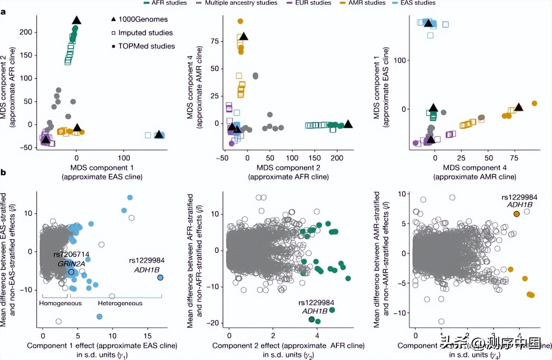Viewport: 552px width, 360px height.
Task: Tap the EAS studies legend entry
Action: [x=417, y=3]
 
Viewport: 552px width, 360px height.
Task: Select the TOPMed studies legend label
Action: [x=147, y=46]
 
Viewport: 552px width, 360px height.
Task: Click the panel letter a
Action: [x=3, y=12]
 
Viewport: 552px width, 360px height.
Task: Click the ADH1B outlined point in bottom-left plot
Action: [x=160, y=277]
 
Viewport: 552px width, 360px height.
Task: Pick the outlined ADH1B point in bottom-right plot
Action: [x=517, y=214]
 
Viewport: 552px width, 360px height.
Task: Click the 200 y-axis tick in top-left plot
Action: [x=27, y=33]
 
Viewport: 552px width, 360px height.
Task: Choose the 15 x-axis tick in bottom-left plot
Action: [x=147, y=335]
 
